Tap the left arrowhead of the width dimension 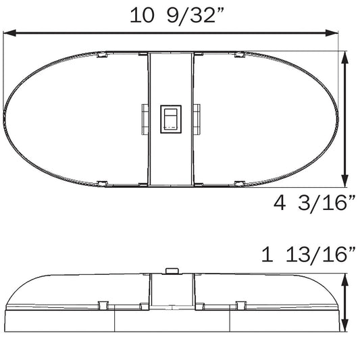(9, 33)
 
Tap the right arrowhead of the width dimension (332, 33)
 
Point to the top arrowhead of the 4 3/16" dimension (345, 57)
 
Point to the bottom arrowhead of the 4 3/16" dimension (345, 181)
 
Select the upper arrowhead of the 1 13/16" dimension (345, 280)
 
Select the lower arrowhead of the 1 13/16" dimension (345, 326)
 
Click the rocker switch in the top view (171, 119)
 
